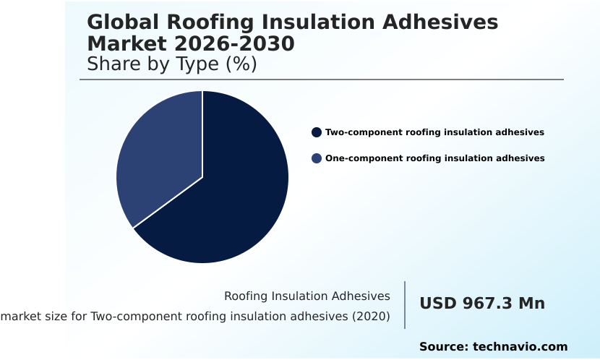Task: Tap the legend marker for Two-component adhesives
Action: pos(317,132)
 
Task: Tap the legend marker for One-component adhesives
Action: pos(317,158)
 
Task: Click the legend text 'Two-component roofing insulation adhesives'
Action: pos(434,132)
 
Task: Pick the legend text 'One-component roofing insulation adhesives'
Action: pos(435,158)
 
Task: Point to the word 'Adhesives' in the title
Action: pos(440,22)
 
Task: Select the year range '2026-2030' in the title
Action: pos(234,43)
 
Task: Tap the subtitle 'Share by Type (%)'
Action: pos(172,64)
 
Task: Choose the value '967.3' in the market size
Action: pos(487,304)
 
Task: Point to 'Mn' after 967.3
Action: pos(531,304)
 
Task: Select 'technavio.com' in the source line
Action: pos(520,347)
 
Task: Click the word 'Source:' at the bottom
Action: pos(444,347)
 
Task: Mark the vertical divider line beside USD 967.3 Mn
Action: pos(405,305)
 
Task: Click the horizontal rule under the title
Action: pos(322,80)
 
